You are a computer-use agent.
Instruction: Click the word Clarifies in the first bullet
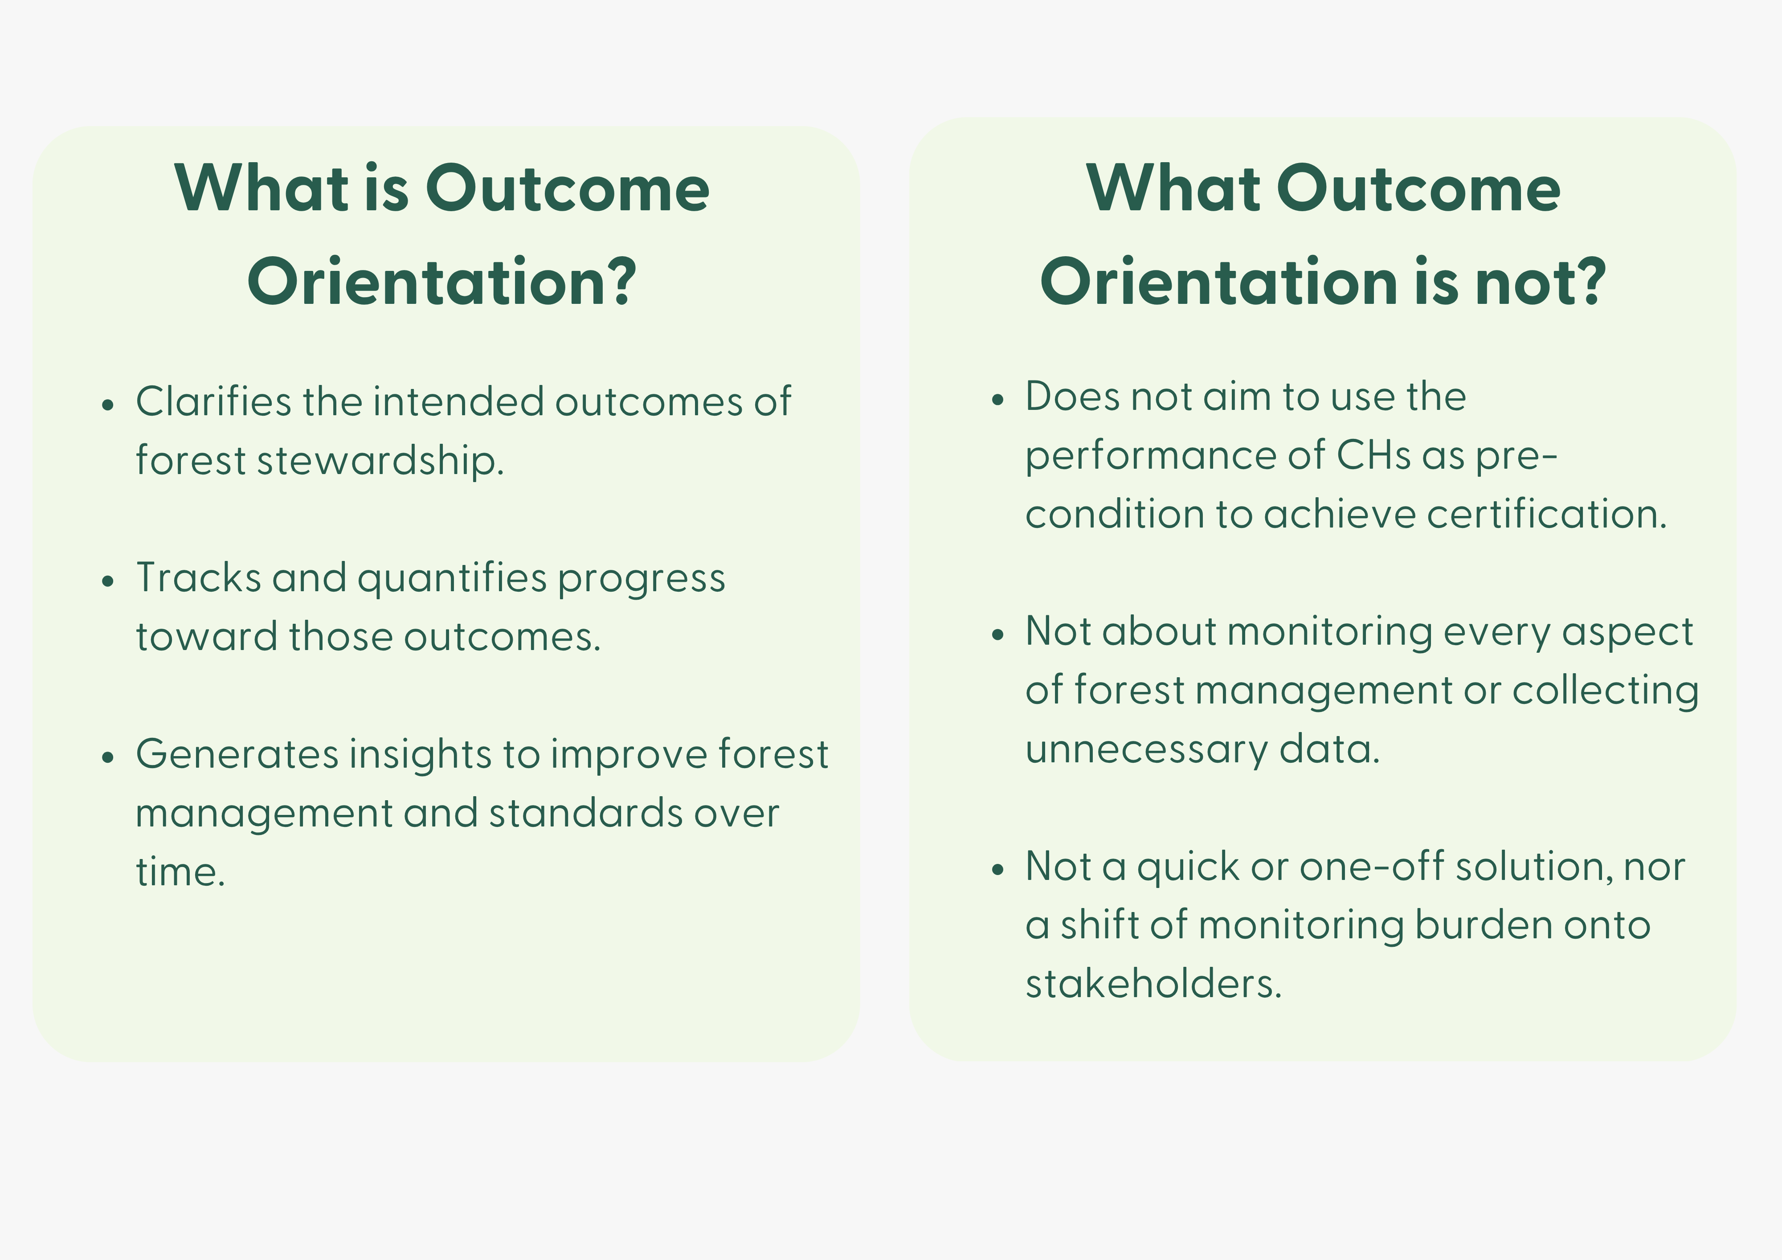[x=214, y=402]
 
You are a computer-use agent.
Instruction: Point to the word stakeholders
[x=1153, y=984]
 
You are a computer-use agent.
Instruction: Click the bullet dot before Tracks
[x=108, y=581]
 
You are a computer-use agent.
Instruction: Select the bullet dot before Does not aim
[x=998, y=400]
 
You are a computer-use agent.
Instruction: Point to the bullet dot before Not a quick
[x=998, y=870]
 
